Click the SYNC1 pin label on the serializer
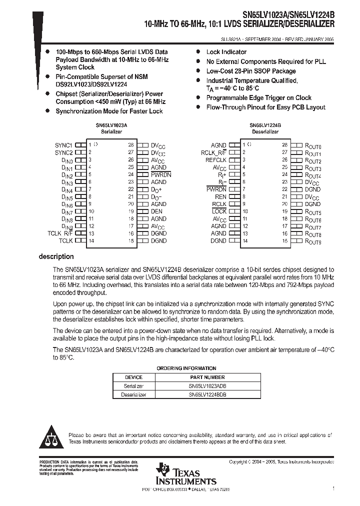(x=63, y=145)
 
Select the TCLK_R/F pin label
(x=60, y=233)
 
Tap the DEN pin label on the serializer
(x=157, y=211)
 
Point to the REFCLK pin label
(x=215, y=160)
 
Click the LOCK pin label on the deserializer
(x=219, y=211)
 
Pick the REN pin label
(x=220, y=197)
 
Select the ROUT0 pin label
(x=313, y=145)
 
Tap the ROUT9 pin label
(x=313, y=241)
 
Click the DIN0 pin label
(x=67, y=160)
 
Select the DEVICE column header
(x=133, y=377)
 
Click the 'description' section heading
(x=56, y=256)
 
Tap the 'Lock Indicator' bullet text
(x=226, y=52)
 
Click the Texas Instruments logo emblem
(x=163, y=470)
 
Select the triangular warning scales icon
(x=51, y=438)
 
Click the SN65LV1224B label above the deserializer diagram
(x=265, y=127)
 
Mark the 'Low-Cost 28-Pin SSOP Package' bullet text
(x=251, y=71)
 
